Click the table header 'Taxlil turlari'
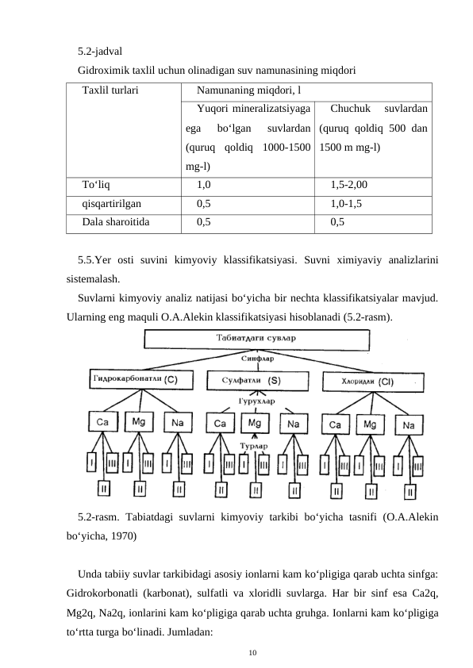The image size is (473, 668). click(110, 90)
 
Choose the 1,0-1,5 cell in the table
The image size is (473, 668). click(346, 203)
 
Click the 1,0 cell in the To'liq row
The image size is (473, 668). click(203, 185)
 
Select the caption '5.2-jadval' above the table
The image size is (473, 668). click(100, 52)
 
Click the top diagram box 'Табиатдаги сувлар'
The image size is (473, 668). click(256, 339)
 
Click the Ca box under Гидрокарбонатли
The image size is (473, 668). click(102, 422)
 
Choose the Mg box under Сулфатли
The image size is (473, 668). click(255, 423)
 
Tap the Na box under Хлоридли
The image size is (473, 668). click(409, 425)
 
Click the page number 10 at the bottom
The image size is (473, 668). click(252, 651)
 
